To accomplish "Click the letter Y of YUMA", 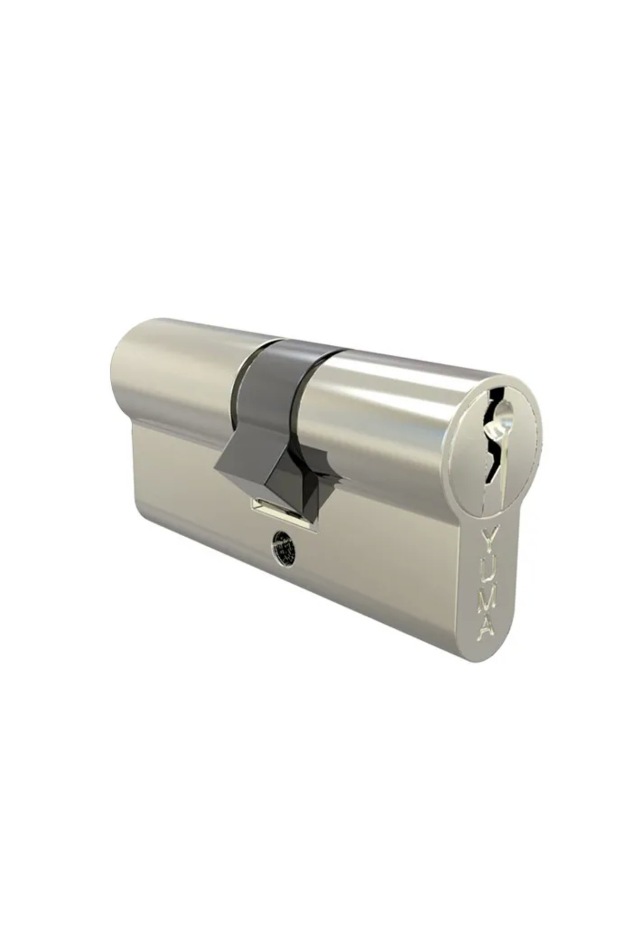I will [x=489, y=541].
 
